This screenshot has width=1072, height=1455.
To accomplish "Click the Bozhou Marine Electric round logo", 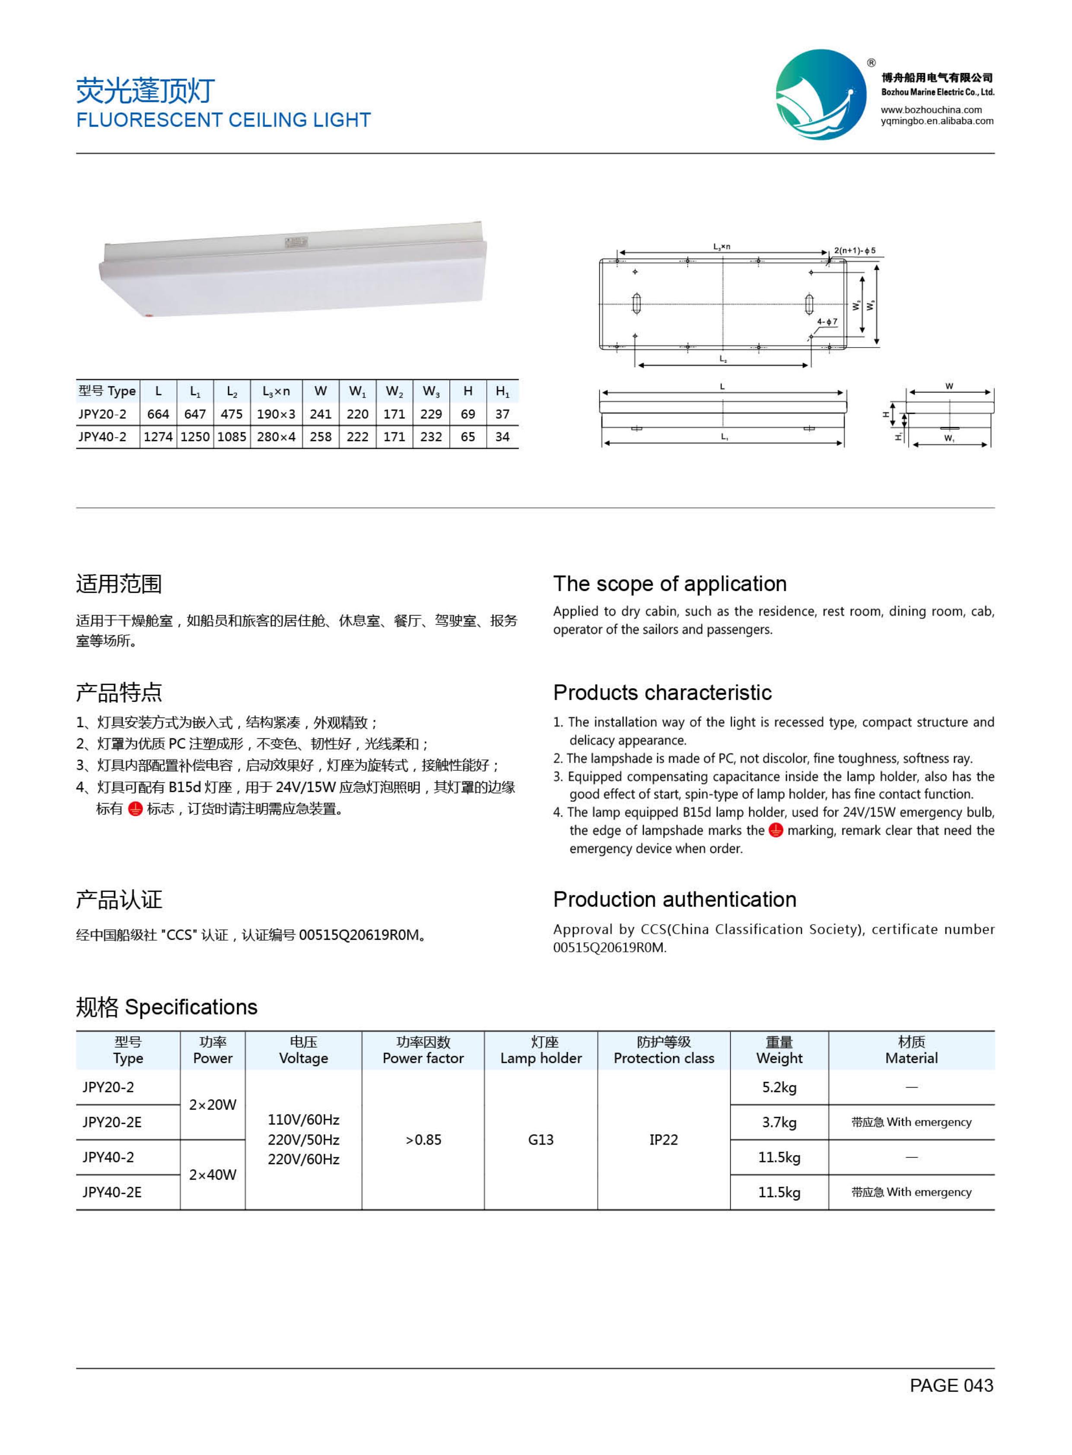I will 821,94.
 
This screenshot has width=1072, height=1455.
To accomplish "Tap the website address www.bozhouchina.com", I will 931,110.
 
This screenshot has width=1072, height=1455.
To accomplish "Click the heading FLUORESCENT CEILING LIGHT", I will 223,120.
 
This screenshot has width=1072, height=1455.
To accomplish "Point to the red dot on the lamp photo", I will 149,316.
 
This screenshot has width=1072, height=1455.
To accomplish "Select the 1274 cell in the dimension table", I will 158,437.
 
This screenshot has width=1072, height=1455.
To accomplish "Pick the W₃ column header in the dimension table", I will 431,392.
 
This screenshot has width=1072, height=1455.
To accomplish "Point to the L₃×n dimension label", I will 722,247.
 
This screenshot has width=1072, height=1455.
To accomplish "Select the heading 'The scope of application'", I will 670,584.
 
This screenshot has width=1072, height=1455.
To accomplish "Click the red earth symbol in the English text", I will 776,830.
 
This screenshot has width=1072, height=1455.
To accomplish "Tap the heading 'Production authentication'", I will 674,900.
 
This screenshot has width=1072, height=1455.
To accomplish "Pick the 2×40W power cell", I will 212,1174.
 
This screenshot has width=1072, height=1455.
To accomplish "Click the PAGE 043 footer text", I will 951,1385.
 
